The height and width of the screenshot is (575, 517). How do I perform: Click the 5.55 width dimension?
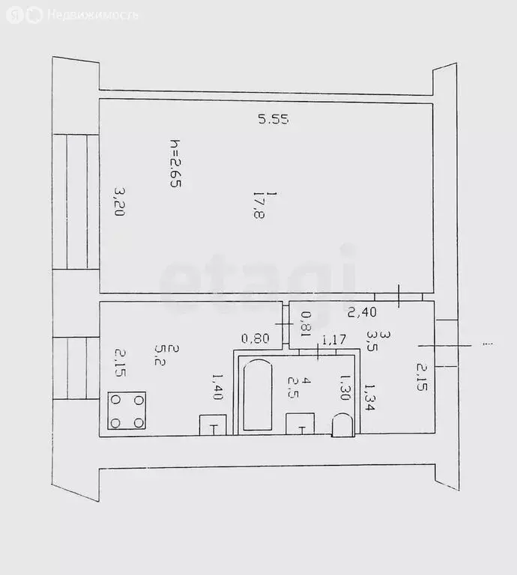(273, 118)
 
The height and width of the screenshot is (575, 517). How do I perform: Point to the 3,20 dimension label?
(117, 201)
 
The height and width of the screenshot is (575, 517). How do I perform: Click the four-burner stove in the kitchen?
(127, 411)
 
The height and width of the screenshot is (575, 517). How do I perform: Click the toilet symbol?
(341, 425)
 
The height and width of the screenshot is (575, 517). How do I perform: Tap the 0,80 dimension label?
(255, 339)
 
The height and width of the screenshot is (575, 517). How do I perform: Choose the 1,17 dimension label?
(333, 341)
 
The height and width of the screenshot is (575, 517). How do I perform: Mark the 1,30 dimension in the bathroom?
(345, 388)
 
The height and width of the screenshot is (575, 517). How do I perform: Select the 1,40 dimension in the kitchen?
(217, 387)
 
